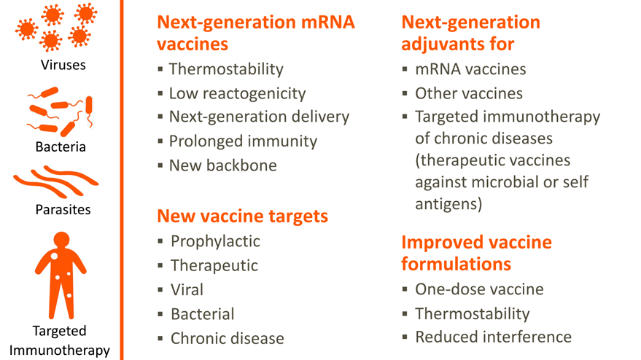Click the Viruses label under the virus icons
[x=63, y=65]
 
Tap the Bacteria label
[x=61, y=146]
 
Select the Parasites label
[x=63, y=209]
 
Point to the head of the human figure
[x=62, y=240]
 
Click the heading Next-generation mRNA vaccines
[x=255, y=33]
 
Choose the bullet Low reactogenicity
[x=237, y=93]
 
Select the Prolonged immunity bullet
[x=243, y=141]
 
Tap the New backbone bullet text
[x=222, y=165]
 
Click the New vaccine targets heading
[x=242, y=216]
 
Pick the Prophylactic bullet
[x=215, y=240]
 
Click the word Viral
[x=187, y=289]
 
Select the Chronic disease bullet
[x=227, y=338]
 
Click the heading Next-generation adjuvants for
[x=470, y=33]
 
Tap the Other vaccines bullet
[x=468, y=93]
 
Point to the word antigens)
[x=448, y=205]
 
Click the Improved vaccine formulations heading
[x=476, y=252]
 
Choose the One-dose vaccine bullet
[x=479, y=289]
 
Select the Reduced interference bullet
[x=493, y=337]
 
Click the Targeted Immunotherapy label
[x=60, y=340]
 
